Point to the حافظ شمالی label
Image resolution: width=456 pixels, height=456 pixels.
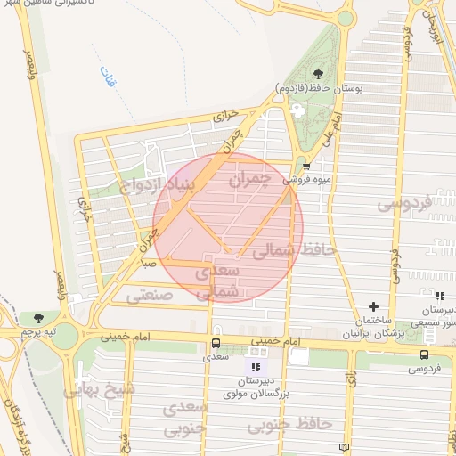(x=294, y=252)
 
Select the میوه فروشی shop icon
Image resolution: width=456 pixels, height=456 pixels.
(x=306, y=166)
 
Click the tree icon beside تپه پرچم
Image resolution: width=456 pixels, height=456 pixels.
(x=37, y=317)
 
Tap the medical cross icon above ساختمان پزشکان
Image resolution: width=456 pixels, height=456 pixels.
(x=373, y=306)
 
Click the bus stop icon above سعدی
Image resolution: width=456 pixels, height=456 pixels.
(x=216, y=343)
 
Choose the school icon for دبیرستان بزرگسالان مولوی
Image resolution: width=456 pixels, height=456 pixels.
(x=256, y=366)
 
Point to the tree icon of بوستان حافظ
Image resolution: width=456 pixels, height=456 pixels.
(x=318, y=72)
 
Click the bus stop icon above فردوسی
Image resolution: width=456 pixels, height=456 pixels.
(x=424, y=354)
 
